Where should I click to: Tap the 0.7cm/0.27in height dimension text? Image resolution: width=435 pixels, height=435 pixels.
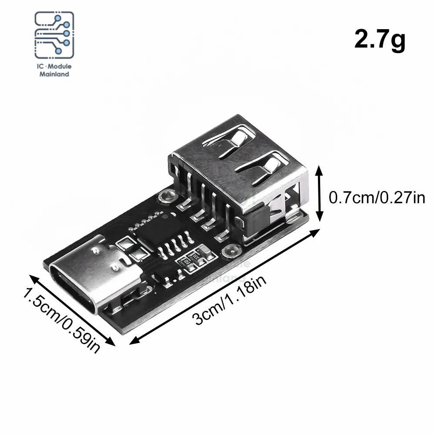(377, 198)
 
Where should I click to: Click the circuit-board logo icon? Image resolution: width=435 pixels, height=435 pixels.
(54, 35)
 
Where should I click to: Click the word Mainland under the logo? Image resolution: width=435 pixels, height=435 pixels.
(54, 74)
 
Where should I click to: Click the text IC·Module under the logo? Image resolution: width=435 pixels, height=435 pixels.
(54, 67)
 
